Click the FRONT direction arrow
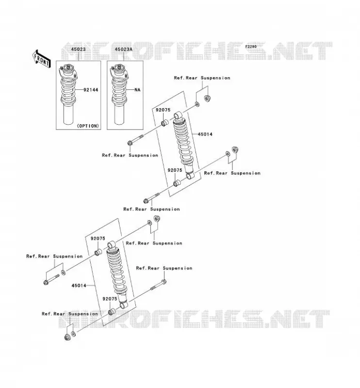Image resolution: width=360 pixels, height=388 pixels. (x=41, y=59)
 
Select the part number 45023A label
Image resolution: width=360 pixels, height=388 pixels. (x=123, y=49)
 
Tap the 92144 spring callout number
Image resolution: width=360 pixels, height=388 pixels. (x=91, y=90)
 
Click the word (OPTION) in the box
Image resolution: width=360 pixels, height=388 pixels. (x=88, y=126)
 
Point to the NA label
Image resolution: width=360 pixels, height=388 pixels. (x=137, y=90)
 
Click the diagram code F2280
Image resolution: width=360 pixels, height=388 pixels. (x=251, y=47)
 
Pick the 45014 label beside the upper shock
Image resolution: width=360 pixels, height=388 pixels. (x=205, y=134)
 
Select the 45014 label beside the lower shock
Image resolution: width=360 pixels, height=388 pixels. (x=79, y=286)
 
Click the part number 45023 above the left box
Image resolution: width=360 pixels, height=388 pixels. (x=78, y=49)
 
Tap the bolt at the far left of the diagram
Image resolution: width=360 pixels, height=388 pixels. (x=51, y=279)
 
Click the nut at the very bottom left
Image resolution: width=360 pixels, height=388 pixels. (x=67, y=337)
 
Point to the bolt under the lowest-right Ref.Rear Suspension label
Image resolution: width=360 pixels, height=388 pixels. (x=159, y=285)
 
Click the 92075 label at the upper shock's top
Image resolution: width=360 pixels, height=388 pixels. (x=163, y=110)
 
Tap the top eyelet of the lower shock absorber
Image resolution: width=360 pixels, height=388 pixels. (x=111, y=245)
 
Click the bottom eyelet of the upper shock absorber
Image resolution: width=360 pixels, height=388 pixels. (x=190, y=176)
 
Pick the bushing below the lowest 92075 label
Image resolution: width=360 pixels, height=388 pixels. (x=112, y=311)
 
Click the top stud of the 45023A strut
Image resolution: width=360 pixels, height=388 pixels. (x=119, y=66)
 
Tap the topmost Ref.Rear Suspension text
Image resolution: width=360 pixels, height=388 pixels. (x=202, y=78)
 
